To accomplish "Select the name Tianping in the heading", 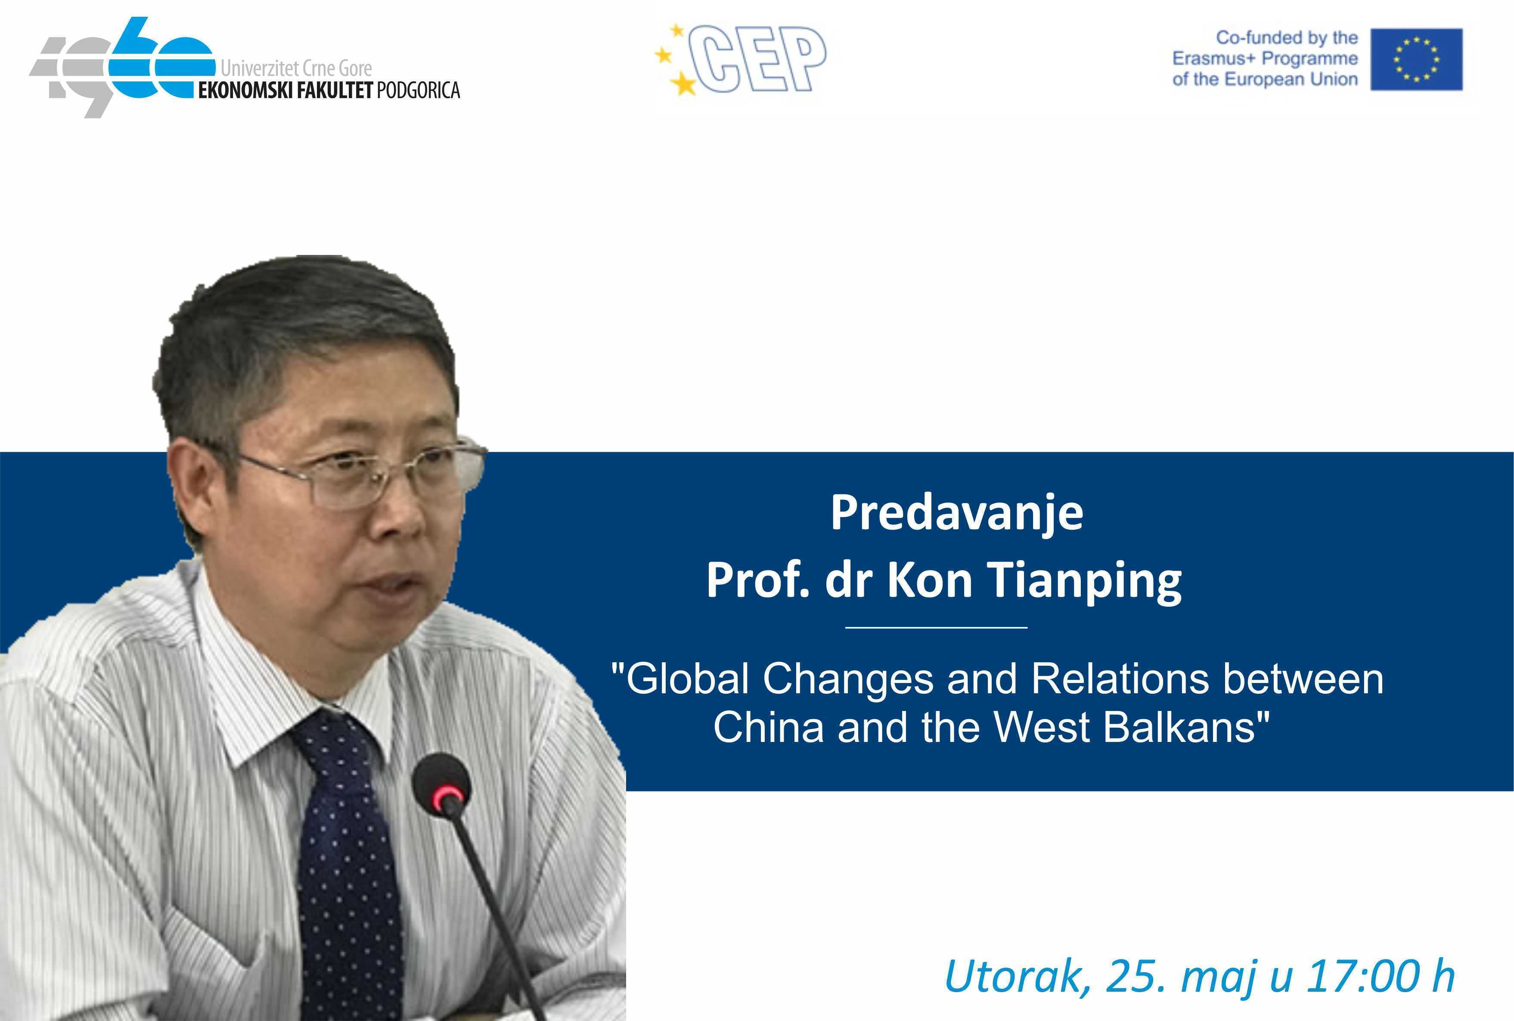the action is tap(1086, 581).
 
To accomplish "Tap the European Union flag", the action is tap(1416, 59).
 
